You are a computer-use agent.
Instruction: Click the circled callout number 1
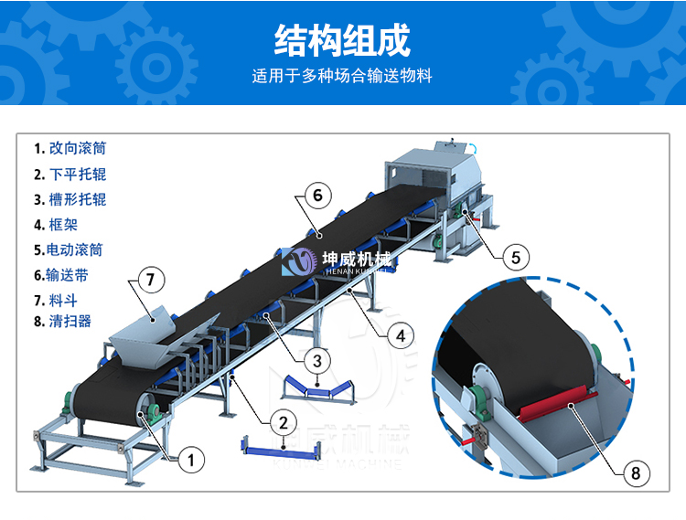click(191, 460)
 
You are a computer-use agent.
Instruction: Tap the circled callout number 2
click(284, 422)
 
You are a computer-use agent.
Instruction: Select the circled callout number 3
click(317, 361)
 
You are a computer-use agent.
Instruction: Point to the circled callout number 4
click(401, 336)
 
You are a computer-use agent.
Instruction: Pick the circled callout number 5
click(516, 257)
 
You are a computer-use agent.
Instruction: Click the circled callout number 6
click(317, 195)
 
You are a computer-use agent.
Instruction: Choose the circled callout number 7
click(151, 280)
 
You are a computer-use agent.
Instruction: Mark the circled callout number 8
click(636, 472)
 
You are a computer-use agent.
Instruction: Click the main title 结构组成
click(342, 40)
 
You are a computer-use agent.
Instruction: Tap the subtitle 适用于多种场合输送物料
click(342, 76)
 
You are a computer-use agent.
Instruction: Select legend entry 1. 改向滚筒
click(70, 148)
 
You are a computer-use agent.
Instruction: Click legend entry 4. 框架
click(56, 225)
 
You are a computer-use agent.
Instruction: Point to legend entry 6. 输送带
click(60, 275)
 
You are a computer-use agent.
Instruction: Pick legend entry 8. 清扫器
click(62, 321)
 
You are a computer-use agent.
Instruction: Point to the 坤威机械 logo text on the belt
click(357, 260)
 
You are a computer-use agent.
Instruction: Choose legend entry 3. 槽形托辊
click(70, 200)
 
